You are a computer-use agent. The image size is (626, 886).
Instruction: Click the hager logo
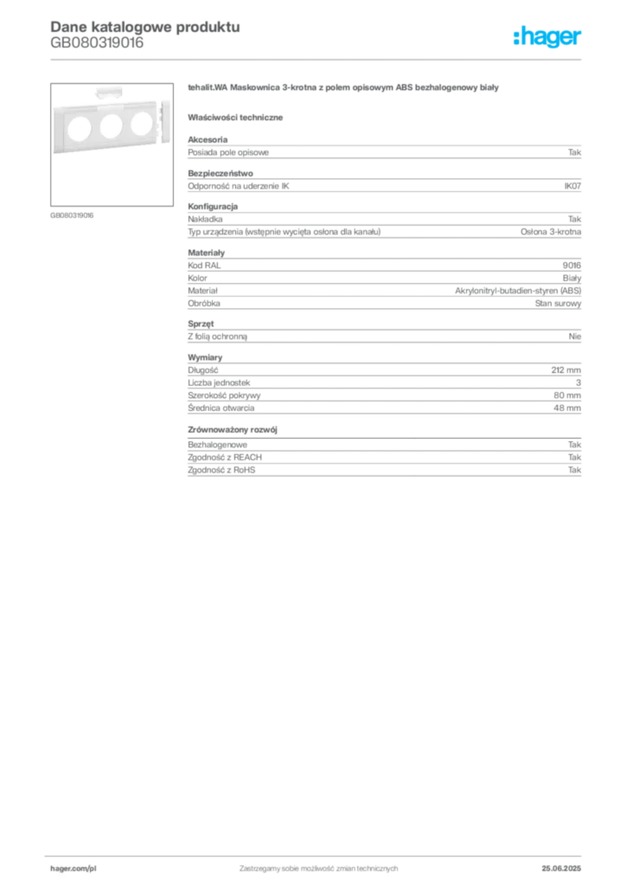(x=547, y=36)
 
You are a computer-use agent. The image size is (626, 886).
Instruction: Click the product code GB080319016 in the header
(x=97, y=43)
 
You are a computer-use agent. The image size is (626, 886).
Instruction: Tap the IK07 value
(x=572, y=186)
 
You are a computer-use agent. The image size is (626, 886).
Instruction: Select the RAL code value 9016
(x=572, y=265)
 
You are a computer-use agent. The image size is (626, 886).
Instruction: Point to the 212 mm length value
(x=566, y=370)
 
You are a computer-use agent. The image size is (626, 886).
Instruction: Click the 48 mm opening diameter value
(x=567, y=408)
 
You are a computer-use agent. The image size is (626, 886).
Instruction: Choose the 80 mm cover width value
(x=567, y=395)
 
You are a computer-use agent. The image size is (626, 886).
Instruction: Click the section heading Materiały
(x=206, y=253)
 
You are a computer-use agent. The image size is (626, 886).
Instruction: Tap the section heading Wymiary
(x=205, y=357)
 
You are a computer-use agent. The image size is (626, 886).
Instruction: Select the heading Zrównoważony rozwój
(x=233, y=429)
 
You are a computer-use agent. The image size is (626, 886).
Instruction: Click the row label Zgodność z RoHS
(x=221, y=470)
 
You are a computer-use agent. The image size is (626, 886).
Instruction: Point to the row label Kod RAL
(x=204, y=265)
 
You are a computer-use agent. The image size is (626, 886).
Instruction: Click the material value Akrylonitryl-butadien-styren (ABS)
(x=518, y=291)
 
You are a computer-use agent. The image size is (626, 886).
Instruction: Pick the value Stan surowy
(x=559, y=304)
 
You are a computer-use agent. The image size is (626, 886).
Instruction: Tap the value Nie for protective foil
(x=575, y=337)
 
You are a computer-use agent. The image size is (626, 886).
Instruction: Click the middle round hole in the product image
(x=111, y=125)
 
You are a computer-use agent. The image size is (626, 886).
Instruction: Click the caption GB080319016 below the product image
(x=72, y=215)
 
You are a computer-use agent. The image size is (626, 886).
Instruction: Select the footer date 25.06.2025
(x=561, y=869)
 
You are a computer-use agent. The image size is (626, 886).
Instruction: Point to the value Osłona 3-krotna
(x=551, y=232)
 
